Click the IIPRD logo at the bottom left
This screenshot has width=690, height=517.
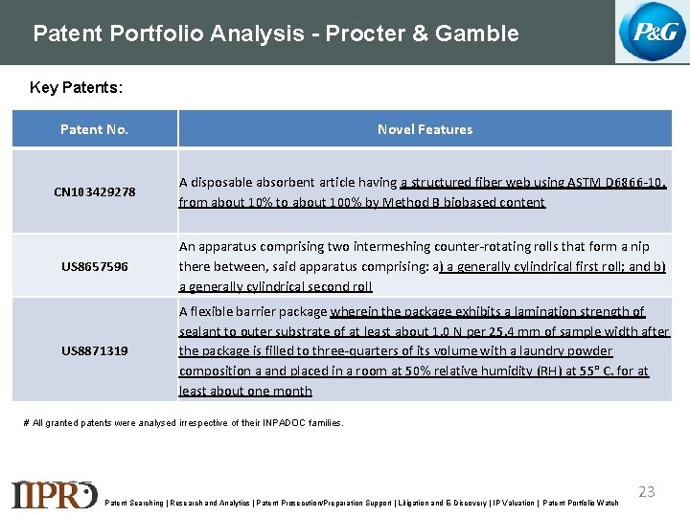(x=54, y=493)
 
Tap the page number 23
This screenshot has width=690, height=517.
(x=647, y=491)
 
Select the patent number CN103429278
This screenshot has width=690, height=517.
(x=94, y=191)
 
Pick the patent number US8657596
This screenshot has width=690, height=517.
(x=94, y=265)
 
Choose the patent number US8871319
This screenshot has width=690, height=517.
(x=94, y=350)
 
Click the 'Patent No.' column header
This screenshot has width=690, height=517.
(x=94, y=129)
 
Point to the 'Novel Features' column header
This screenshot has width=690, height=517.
(x=425, y=129)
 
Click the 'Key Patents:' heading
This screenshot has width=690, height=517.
(x=76, y=88)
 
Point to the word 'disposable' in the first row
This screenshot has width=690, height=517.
(x=221, y=182)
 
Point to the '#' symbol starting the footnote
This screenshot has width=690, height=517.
(x=26, y=422)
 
